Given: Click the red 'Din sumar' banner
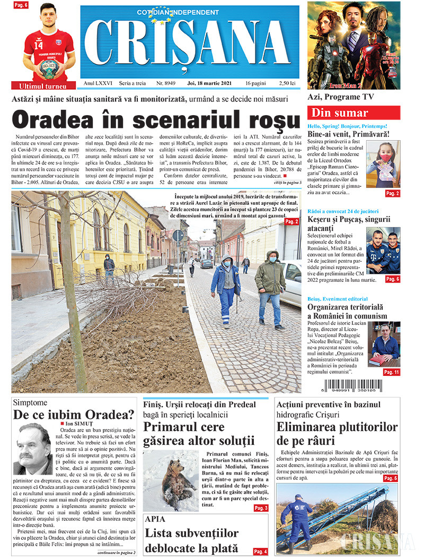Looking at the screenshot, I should [x=354, y=113].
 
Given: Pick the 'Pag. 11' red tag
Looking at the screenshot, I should [x=392, y=372].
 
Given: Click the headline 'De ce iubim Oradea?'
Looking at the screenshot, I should [x=74, y=415].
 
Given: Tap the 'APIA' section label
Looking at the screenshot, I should [x=155, y=519].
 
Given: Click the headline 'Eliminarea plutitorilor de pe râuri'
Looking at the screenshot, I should [x=337, y=433].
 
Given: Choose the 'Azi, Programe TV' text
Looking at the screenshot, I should [x=341, y=97].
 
